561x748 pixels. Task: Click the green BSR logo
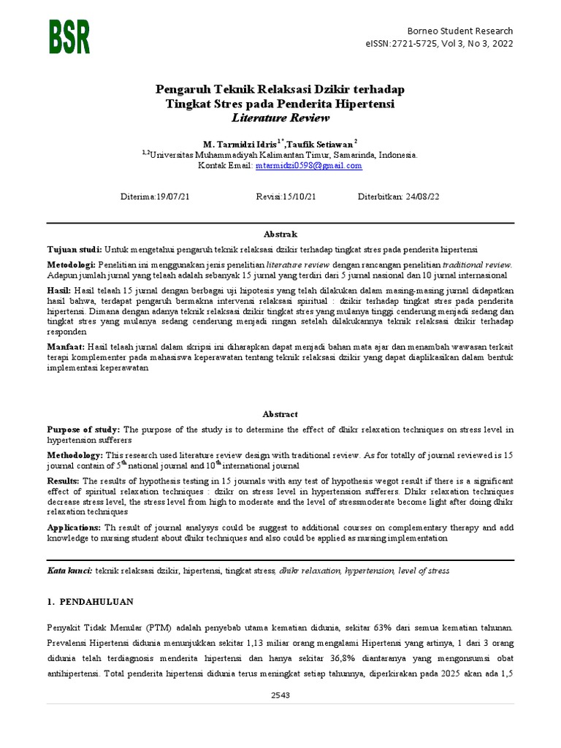[x=70, y=37]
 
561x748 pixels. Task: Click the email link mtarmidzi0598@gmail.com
[x=308, y=166]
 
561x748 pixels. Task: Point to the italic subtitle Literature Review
[x=280, y=118]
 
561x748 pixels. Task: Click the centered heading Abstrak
[x=280, y=234]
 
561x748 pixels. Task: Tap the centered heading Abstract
[x=280, y=414]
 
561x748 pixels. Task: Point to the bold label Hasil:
[x=61, y=290]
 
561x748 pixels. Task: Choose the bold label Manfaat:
[x=66, y=346]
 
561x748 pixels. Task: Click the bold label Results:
[x=64, y=481]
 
